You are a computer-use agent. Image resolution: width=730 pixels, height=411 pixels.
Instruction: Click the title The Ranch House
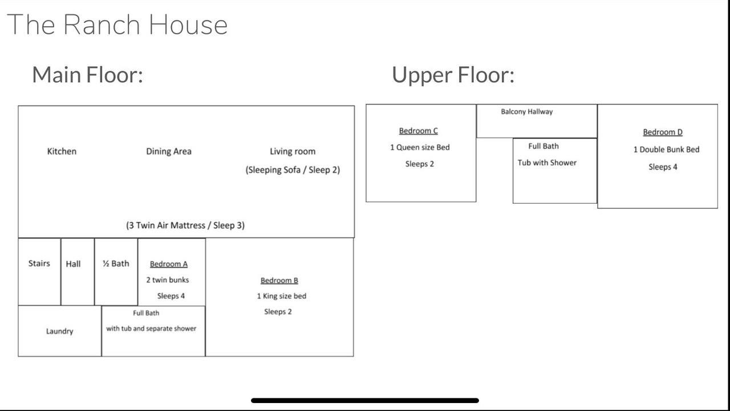coord(117,25)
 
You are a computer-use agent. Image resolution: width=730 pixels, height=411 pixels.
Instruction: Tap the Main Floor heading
coord(87,75)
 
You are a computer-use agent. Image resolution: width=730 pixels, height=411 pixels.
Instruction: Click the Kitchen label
coord(62,151)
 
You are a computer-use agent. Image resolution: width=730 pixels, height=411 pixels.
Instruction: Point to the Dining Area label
coord(168,152)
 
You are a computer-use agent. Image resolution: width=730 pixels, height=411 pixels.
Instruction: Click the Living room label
coord(293,152)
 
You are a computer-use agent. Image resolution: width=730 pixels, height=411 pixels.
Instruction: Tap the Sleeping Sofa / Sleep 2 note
coord(293,170)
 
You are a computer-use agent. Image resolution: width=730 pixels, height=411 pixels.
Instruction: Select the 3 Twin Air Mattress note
coord(185,225)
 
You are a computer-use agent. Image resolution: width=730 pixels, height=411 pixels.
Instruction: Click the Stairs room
coord(39,272)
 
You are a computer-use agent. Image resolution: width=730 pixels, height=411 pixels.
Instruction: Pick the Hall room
coord(78,272)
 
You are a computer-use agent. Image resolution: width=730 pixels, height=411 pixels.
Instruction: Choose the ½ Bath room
coord(116,272)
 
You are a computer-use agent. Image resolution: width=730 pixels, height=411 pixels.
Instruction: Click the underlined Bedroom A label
coord(169,264)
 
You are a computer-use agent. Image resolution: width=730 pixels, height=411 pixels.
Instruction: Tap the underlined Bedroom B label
coord(279,280)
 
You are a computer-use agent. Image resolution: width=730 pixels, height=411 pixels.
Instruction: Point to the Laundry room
coord(60,331)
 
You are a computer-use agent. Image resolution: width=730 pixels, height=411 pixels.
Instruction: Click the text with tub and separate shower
coord(151,328)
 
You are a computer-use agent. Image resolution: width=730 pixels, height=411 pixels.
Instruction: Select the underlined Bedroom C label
coord(419,131)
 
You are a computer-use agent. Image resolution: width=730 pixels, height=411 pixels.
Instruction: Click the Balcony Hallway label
coord(526,112)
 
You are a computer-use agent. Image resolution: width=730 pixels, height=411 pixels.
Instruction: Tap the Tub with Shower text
coord(547,163)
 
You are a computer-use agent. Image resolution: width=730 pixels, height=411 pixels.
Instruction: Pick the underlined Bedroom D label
coord(663,132)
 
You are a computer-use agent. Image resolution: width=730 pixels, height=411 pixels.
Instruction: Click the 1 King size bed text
coord(282,296)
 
